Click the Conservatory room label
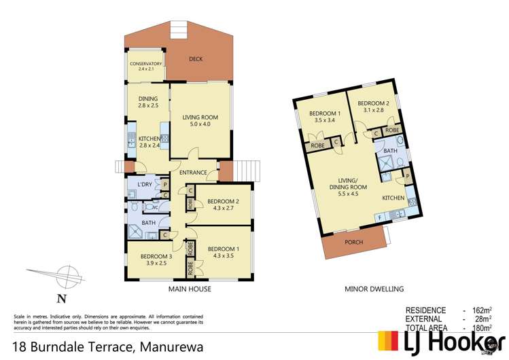click(x=146, y=66)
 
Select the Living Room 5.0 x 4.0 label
click(x=200, y=121)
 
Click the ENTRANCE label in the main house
click(x=193, y=173)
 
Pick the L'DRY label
click(x=143, y=185)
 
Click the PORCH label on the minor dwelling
click(x=354, y=242)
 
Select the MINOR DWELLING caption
click(x=374, y=289)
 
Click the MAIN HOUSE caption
click(x=190, y=289)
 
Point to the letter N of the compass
click(x=61, y=298)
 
